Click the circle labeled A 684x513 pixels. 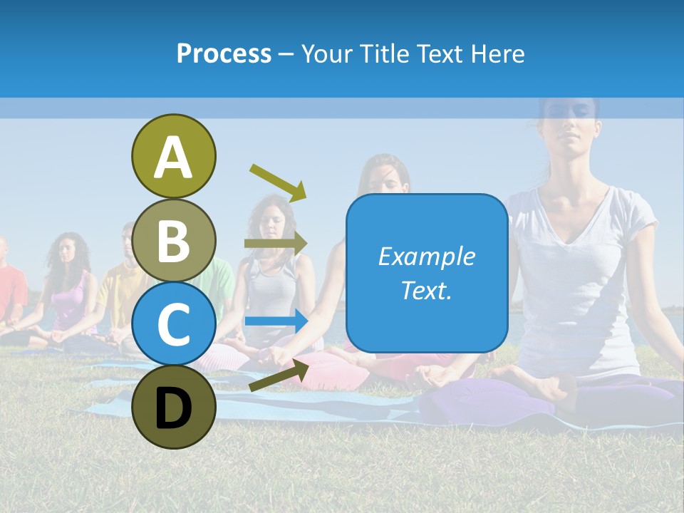point(173,156)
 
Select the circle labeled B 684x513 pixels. point(173,240)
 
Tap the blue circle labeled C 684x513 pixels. point(173,324)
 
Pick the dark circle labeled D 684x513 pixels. point(173,408)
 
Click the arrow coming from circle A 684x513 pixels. point(278,182)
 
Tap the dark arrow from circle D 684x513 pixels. point(279,375)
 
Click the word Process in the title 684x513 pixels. point(224,53)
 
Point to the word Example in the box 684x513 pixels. point(426,256)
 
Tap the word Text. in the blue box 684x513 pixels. point(426,290)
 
